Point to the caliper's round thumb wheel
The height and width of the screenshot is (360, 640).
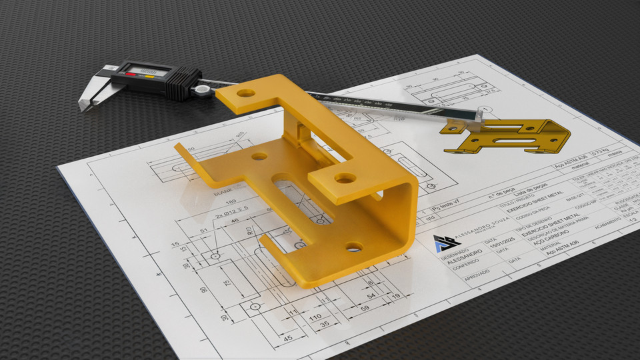199,88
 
